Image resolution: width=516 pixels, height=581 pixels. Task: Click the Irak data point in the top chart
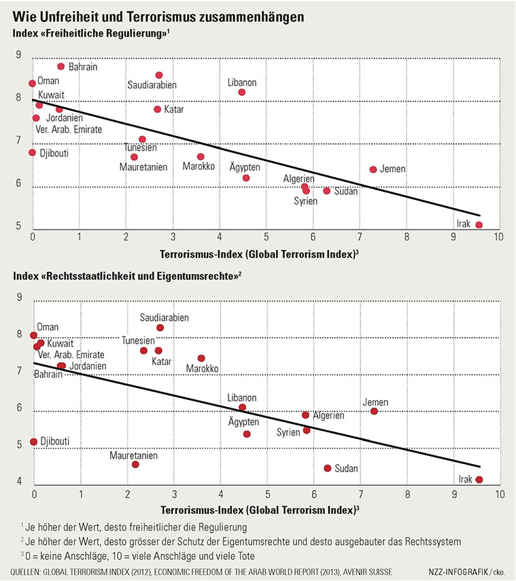tap(479, 225)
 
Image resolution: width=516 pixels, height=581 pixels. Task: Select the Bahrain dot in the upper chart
tap(61, 67)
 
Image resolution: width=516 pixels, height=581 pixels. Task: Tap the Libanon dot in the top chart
tap(242, 92)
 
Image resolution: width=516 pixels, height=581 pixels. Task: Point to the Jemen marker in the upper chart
tap(373, 169)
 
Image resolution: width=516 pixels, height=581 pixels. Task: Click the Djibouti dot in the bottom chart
tap(34, 442)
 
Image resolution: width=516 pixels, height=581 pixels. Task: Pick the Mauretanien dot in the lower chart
tap(135, 464)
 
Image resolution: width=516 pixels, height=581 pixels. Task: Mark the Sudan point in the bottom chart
tap(327, 468)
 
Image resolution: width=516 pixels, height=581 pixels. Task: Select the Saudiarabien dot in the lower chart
tap(160, 328)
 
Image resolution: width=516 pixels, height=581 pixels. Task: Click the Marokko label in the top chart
tap(199, 166)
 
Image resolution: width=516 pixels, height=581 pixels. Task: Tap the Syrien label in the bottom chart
tap(288, 432)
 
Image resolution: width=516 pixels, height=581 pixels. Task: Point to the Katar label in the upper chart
tap(174, 109)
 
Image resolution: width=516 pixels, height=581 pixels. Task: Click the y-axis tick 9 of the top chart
tap(18, 55)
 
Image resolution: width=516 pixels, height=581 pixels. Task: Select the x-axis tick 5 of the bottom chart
tap(267, 494)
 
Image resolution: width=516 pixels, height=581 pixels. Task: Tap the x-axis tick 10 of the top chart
tap(498, 236)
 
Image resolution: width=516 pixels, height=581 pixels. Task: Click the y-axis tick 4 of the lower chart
tap(19, 481)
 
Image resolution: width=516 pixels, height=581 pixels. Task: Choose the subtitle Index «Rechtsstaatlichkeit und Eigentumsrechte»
tap(127, 276)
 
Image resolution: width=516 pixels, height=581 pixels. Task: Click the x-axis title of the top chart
tap(259, 254)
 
